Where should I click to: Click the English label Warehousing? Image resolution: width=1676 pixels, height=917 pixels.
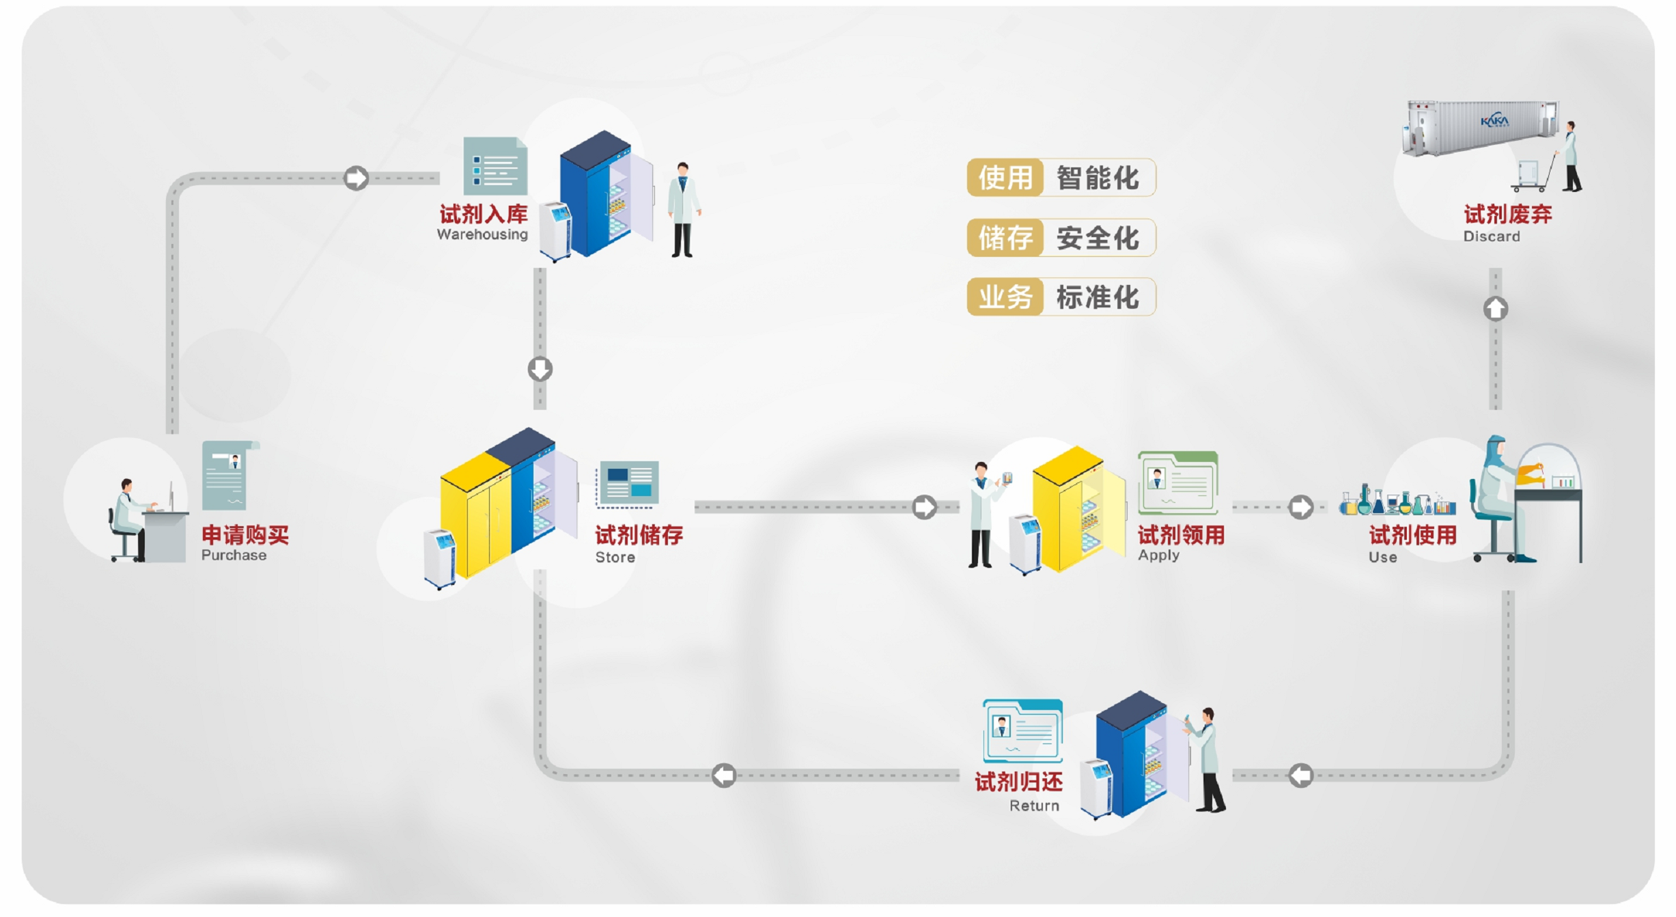coord(482,234)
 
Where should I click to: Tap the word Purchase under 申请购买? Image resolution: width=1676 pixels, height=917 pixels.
coord(234,555)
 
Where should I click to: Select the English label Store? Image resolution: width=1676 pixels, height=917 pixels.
coord(615,557)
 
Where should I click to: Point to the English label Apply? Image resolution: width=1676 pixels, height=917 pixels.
coord(1158,556)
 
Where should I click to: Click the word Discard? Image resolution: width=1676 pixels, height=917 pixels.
coord(1492,236)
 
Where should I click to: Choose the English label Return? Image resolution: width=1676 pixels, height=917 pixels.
coord(1034,806)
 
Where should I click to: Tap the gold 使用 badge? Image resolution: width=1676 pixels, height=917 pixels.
coord(1005,178)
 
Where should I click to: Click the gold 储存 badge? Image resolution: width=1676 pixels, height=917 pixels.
coord(1005,238)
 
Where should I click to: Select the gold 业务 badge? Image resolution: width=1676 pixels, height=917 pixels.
coord(1005,297)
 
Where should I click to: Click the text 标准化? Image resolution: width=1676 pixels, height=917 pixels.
coord(1098,297)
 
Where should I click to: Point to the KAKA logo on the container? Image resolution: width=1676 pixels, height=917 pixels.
coord(1494,120)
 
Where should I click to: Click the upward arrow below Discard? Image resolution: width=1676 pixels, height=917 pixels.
coord(1496,309)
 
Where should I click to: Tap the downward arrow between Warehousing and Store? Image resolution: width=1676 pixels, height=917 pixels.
coord(540,369)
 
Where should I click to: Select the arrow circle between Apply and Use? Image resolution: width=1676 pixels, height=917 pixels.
coord(1300,507)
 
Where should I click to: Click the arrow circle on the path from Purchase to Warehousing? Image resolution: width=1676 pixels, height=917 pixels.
coord(356,178)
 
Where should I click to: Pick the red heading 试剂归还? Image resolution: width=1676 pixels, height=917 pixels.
coord(1018,782)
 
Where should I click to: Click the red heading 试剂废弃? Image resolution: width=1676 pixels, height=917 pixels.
coord(1508,214)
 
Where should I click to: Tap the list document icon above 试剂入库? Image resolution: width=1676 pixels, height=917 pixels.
coord(495,166)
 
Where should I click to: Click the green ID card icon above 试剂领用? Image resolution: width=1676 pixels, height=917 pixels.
coord(1178,482)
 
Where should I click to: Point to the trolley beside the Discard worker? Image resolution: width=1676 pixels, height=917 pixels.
coord(1531,175)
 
